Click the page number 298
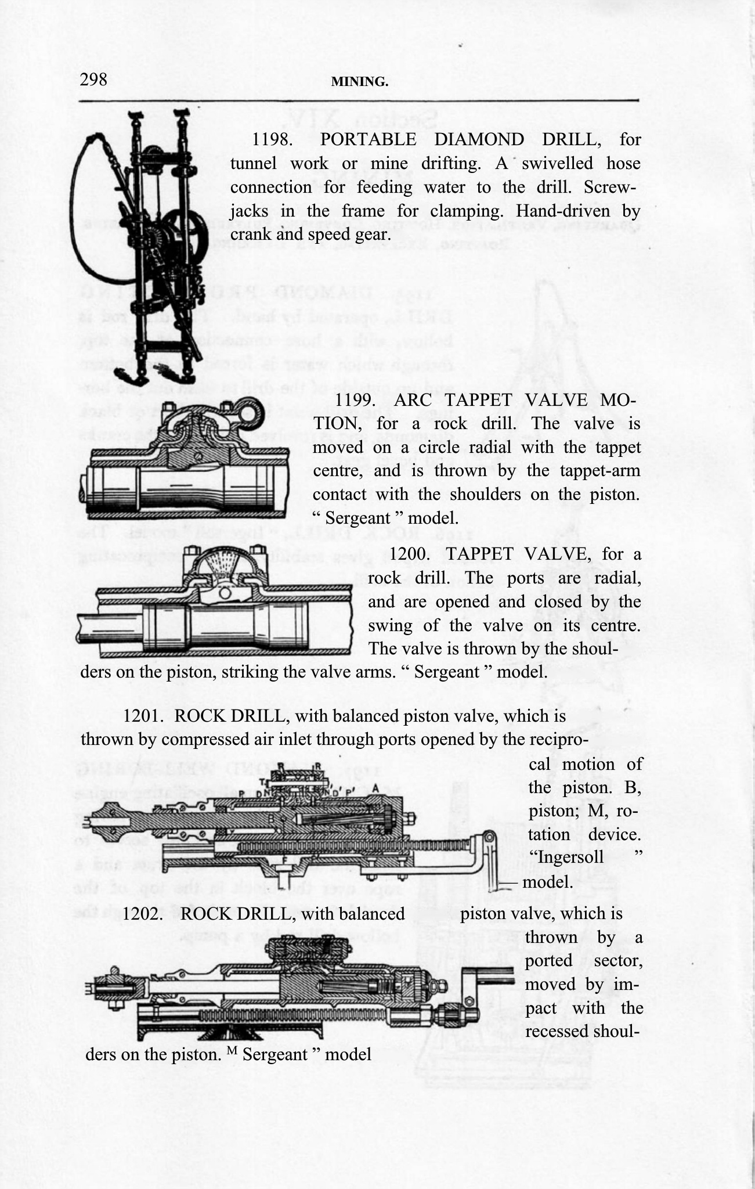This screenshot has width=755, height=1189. [93, 79]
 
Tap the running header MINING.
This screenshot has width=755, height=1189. [359, 82]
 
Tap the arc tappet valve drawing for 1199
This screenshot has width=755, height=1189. [183, 459]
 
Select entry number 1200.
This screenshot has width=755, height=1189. [409, 554]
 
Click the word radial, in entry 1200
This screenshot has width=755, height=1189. [609, 578]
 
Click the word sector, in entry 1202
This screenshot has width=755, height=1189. [617, 960]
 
